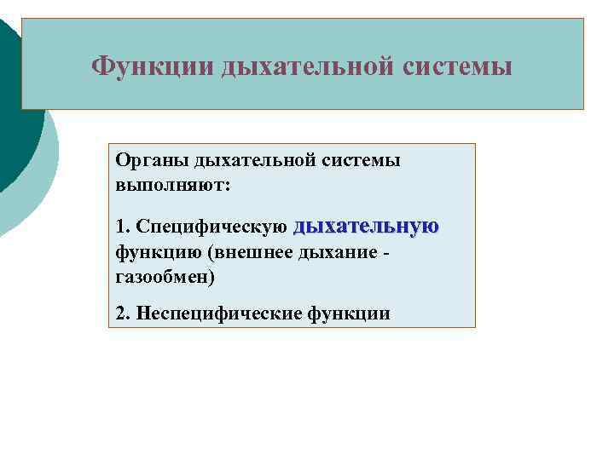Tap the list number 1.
click(x=121, y=227)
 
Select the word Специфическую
click(x=211, y=227)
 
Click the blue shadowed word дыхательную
click(x=367, y=226)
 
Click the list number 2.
click(x=121, y=313)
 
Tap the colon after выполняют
click(x=228, y=184)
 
